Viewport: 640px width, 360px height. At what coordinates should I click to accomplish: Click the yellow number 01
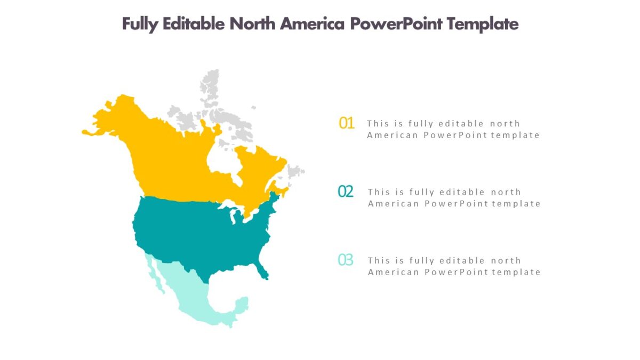click(x=347, y=123)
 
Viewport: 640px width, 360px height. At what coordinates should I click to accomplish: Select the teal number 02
click(x=346, y=191)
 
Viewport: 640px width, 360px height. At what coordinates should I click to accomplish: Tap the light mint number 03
click(x=346, y=260)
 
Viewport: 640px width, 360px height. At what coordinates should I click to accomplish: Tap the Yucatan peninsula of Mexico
click(x=242, y=305)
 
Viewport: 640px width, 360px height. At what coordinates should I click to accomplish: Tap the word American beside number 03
click(x=394, y=272)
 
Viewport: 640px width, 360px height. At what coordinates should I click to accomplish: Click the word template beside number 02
click(x=516, y=204)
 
